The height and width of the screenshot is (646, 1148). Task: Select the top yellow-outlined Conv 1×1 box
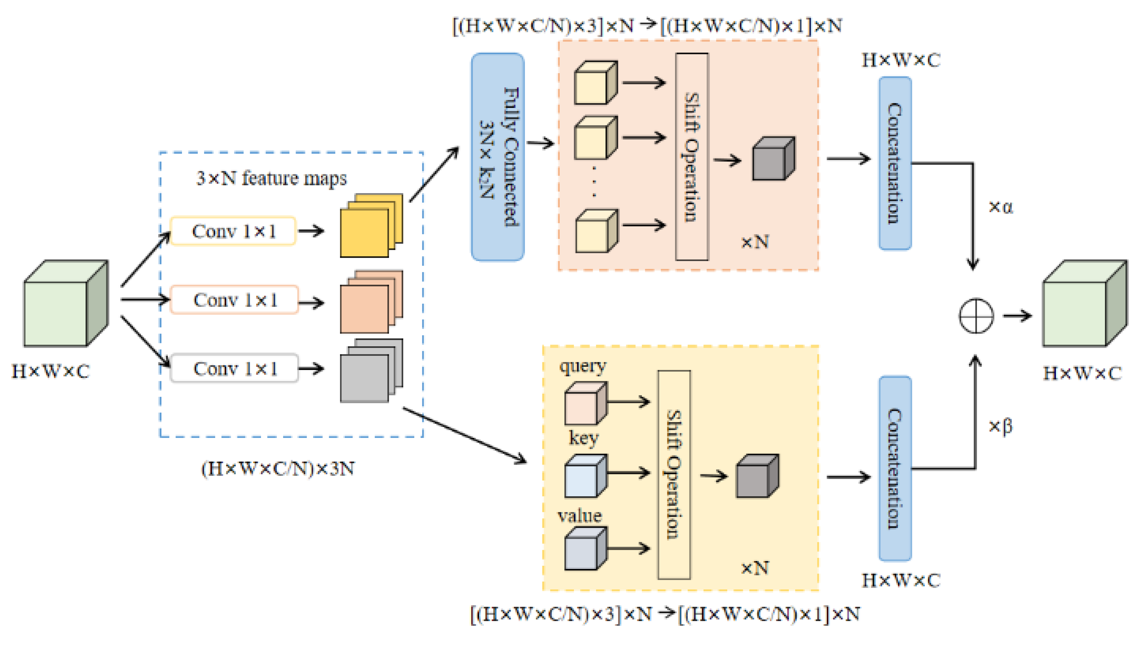pyautogui.click(x=233, y=231)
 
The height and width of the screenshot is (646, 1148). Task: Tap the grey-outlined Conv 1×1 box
pyautogui.click(x=234, y=368)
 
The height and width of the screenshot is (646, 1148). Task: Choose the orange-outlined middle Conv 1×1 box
pyautogui.click(x=234, y=300)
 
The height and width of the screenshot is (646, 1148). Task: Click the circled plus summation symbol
pyautogui.click(x=976, y=316)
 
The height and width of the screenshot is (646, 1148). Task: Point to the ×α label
pyautogui.click(x=1001, y=206)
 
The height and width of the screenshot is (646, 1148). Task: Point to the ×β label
pyautogui.click(x=1001, y=426)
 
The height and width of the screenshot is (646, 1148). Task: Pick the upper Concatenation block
pyautogui.click(x=895, y=163)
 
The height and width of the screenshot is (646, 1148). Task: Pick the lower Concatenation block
pyautogui.click(x=895, y=468)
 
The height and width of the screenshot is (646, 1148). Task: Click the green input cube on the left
pyautogui.click(x=66, y=303)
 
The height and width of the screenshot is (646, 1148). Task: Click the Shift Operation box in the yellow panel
pyautogui.click(x=674, y=475)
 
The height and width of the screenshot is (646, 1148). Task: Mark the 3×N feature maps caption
pyautogui.click(x=271, y=178)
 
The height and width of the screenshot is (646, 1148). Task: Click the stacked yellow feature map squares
pyautogui.click(x=371, y=226)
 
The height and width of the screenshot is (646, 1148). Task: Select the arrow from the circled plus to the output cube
pyautogui.click(x=1017, y=316)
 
